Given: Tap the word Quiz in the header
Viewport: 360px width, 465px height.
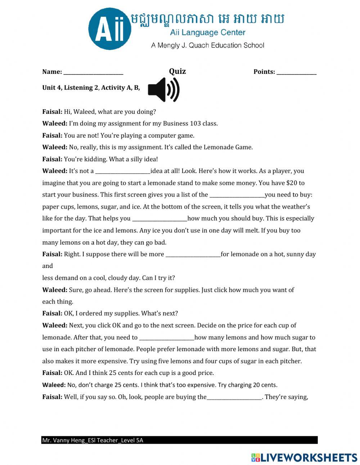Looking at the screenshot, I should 177,71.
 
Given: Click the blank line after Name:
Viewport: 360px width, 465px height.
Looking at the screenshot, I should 93,72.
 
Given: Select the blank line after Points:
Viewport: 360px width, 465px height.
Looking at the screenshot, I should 296,72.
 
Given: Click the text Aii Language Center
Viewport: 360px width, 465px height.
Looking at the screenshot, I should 208,33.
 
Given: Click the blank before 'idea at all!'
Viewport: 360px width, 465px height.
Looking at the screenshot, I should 123,172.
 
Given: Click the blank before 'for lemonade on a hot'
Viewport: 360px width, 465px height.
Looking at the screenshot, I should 193,255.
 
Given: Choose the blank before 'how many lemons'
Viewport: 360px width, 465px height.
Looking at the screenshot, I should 167,338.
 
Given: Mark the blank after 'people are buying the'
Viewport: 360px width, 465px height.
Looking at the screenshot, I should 234,398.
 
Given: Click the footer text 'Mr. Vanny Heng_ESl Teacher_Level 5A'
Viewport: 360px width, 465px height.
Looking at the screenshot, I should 93,440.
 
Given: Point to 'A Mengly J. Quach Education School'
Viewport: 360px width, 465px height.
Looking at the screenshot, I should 208,45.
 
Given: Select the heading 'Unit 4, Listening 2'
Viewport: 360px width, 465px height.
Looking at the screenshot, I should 70,88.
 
